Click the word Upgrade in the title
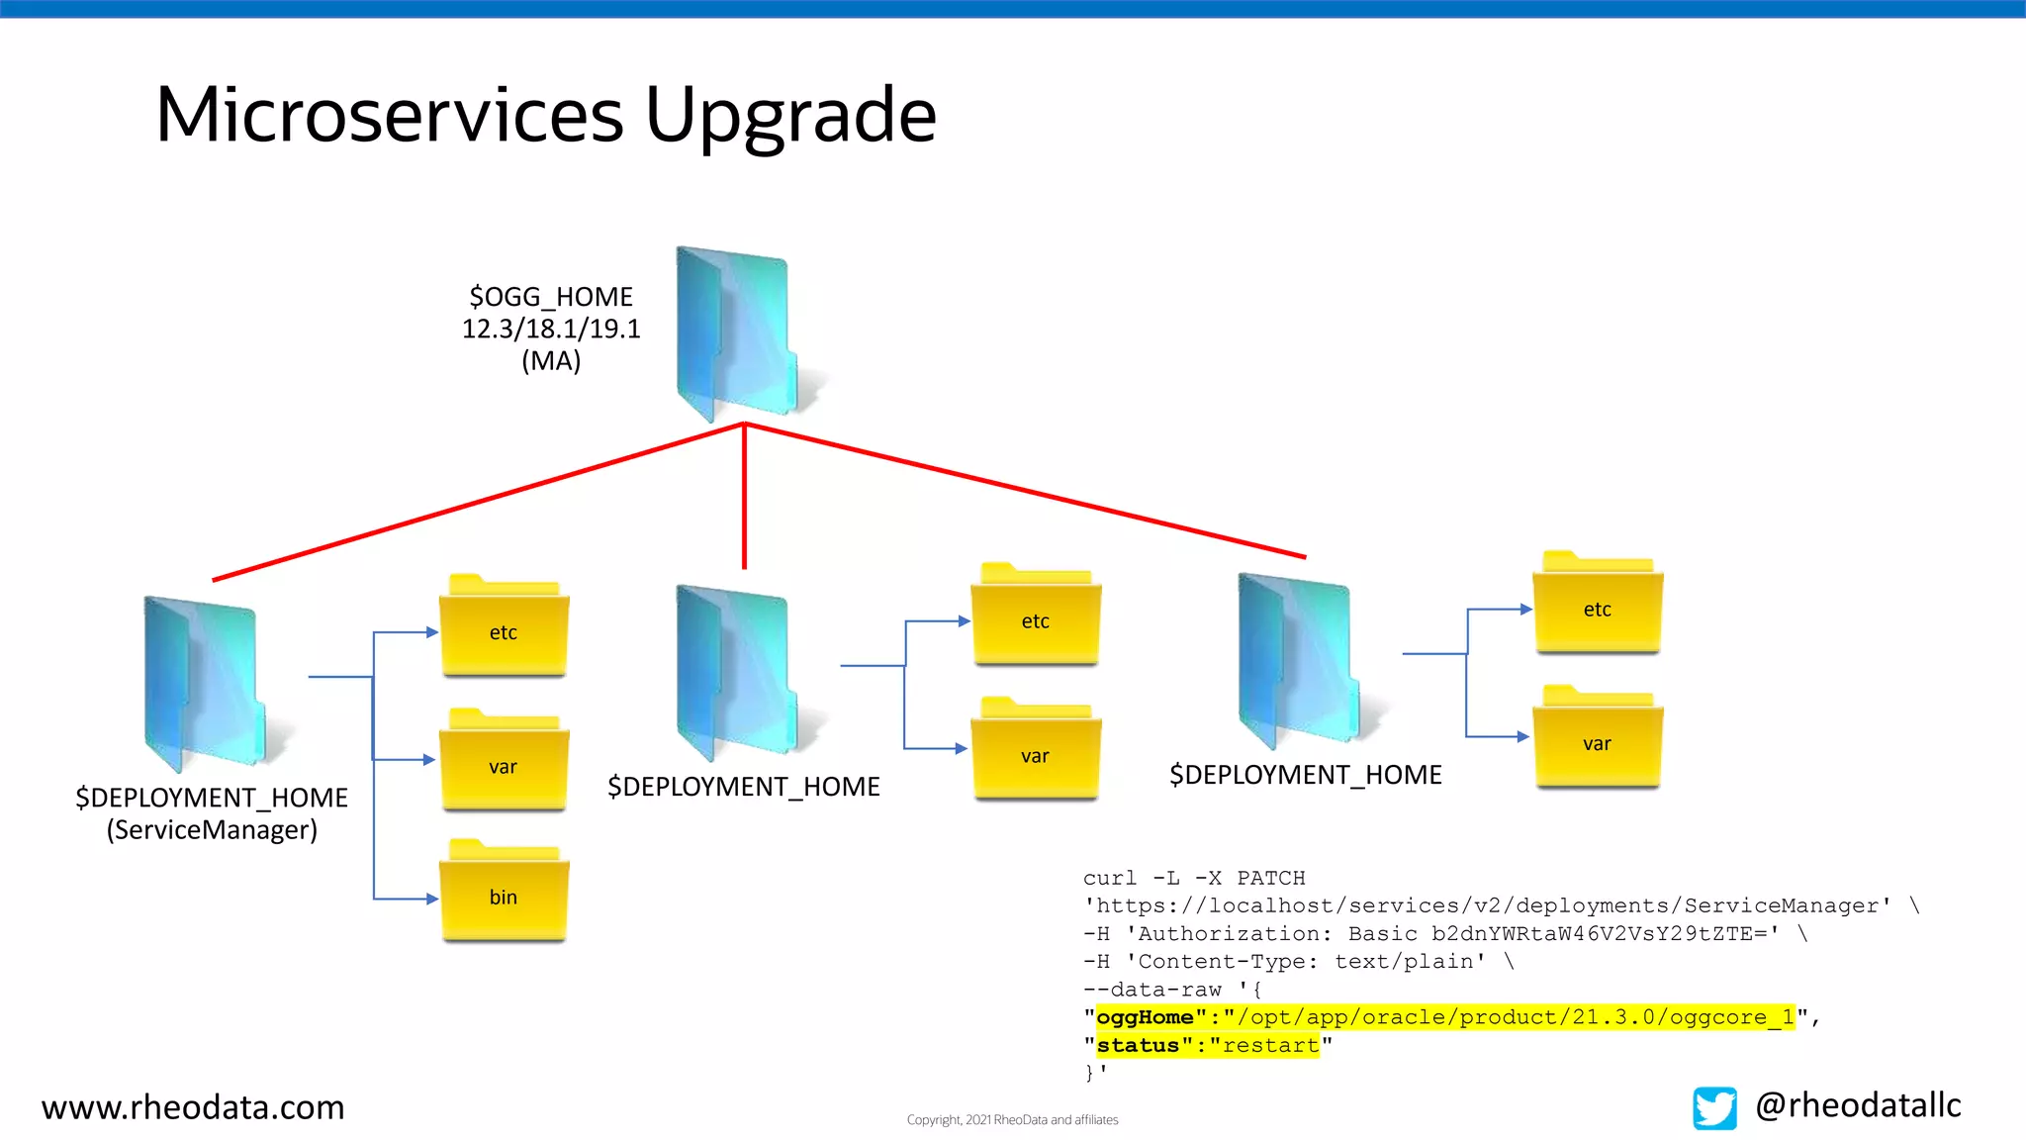pyautogui.click(x=790, y=116)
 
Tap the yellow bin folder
pyautogui.click(x=504, y=894)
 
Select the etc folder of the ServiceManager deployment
pyautogui.click(x=504, y=628)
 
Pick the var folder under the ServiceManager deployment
pyautogui.click(x=504, y=763)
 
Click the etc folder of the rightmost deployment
pyautogui.click(x=1597, y=606)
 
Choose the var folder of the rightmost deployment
pyautogui.click(x=1597, y=740)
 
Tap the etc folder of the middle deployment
pyautogui.click(x=1035, y=617)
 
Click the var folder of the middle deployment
pyautogui.click(x=1035, y=752)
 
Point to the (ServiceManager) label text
pyautogui.click(x=212, y=829)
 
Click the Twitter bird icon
pyautogui.click(x=1714, y=1107)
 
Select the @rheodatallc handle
pyautogui.click(x=1858, y=1104)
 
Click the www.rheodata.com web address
pyautogui.click(x=193, y=1106)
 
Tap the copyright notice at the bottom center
pyautogui.click(x=1012, y=1120)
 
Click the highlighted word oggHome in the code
pyautogui.click(x=1145, y=1017)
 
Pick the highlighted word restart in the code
pyautogui.click(x=1270, y=1045)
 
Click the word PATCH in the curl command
pyautogui.click(x=1270, y=878)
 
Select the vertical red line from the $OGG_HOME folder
pyautogui.click(x=744, y=495)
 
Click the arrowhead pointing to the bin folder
pyautogui.click(x=432, y=899)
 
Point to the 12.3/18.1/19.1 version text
pyautogui.click(x=551, y=329)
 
